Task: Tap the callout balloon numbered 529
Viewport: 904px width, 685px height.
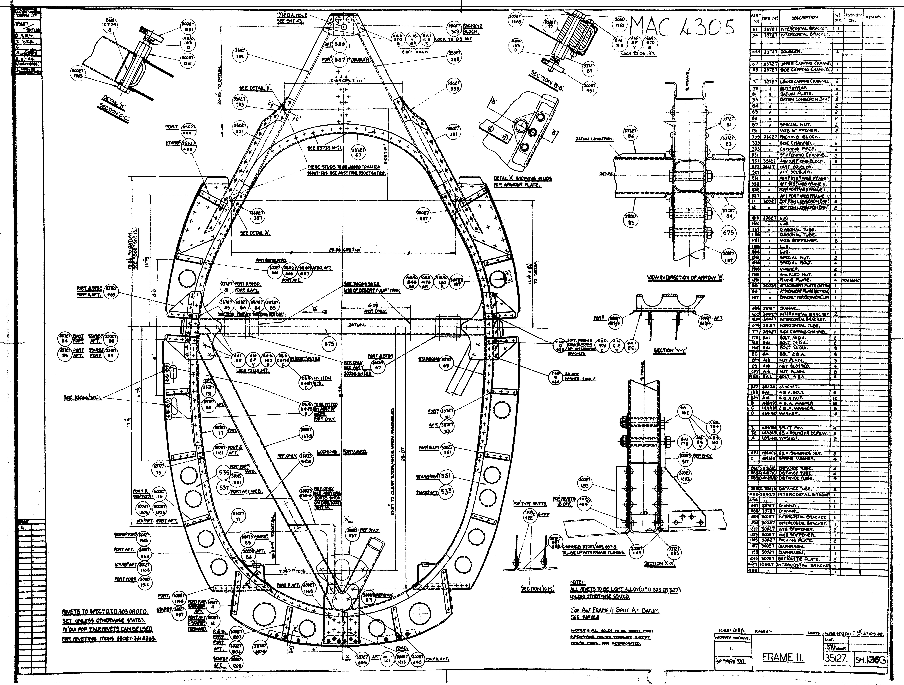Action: [340, 44]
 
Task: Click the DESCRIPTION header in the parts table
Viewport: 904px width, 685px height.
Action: [804, 18]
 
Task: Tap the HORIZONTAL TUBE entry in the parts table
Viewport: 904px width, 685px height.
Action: [798, 326]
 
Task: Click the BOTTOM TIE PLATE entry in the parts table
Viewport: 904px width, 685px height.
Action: [799, 559]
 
